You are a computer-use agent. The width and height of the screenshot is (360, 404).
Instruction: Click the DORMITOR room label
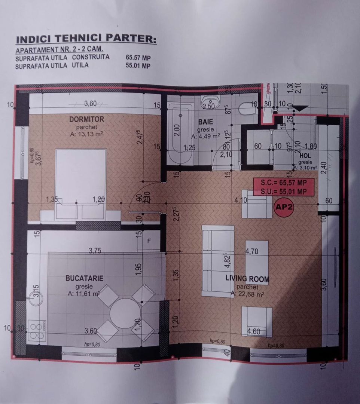point(86,119)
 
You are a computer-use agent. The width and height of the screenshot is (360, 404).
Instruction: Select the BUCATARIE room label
point(84,279)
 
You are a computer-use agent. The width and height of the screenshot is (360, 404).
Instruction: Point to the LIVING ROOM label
point(247,279)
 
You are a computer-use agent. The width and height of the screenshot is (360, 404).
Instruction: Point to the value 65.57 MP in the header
point(138,58)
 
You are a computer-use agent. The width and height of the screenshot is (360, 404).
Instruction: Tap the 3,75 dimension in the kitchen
point(95,251)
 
